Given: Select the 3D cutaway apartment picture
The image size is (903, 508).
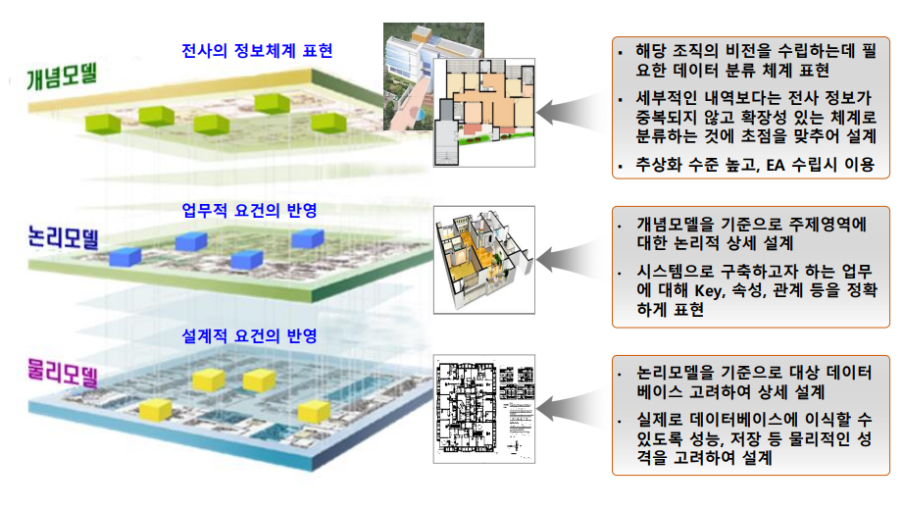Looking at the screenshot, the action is point(484,257).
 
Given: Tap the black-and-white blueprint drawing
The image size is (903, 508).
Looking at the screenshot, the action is point(484,408).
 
